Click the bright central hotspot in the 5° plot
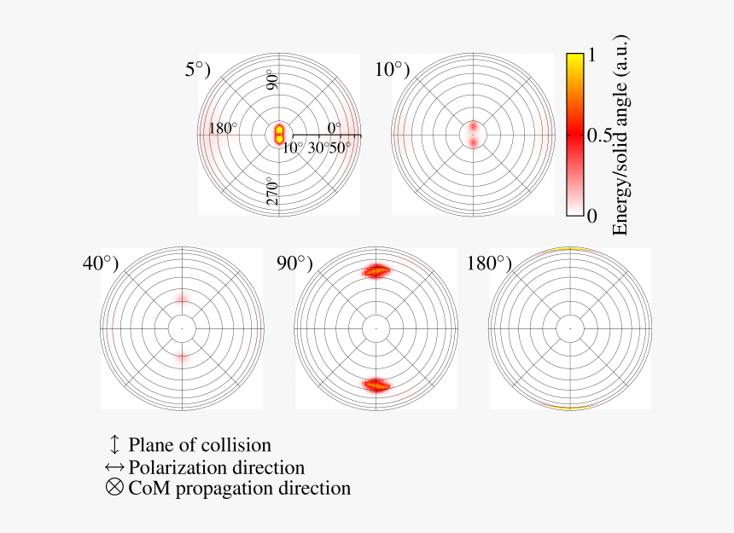coord(279,134)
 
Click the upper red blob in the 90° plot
coord(376,271)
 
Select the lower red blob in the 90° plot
coord(376,385)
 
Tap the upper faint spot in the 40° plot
coord(182,298)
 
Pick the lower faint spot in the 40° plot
coord(182,358)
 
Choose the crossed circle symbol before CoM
coord(115,489)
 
